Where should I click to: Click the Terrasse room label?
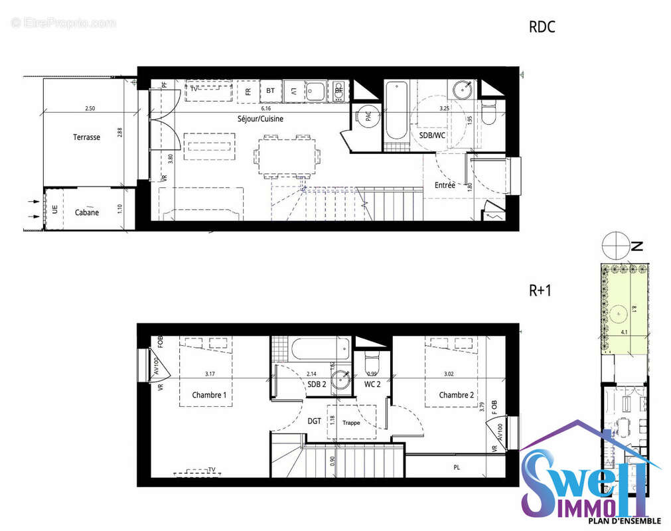click(x=87, y=137)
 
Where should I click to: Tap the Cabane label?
click(x=87, y=212)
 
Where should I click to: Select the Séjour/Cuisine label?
click(x=261, y=119)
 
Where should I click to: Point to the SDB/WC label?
click(x=431, y=135)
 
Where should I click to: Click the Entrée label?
click(x=445, y=185)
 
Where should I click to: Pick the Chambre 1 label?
click(x=209, y=395)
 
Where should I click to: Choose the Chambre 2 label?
click(x=457, y=395)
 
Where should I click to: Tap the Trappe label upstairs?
click(x=351, y=422)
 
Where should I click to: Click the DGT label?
click(x=315, y=420)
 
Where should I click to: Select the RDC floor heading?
click(x=542, y=27)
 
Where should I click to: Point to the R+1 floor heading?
click(x=541, y=290)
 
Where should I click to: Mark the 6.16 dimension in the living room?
click(x=266, y=108)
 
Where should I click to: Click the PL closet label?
click(x=457, y=467)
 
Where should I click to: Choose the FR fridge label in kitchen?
click(x=248, y=91)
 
